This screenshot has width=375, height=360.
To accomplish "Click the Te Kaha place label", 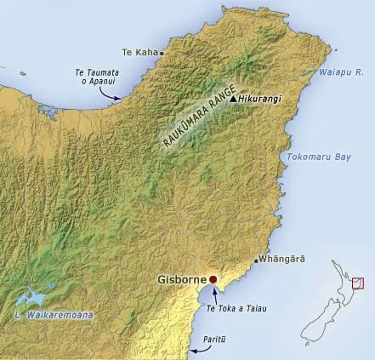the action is [x=140, y=51].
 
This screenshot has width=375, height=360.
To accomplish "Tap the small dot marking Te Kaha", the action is [x=162, y=52].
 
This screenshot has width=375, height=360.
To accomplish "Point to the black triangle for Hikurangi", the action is [x=233, y=99].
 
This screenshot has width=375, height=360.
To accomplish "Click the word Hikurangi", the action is [x=259, y=99].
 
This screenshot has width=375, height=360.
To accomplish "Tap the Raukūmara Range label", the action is [x=192, y=121].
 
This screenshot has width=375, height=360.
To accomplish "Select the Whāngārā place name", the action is [x=282, y=260].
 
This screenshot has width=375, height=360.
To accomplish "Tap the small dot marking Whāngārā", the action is [x=256, y=260].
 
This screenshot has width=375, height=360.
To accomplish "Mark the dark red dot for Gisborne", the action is [x=213, y=279].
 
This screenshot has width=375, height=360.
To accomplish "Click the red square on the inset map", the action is [x=357, y=283].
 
